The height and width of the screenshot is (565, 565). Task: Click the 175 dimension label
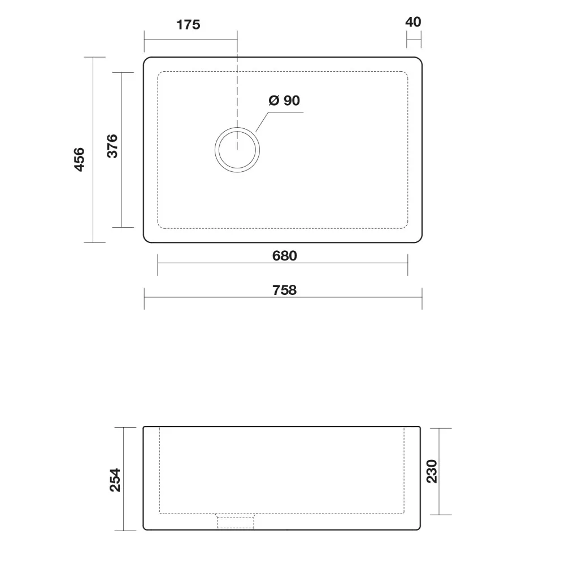pos(188,25)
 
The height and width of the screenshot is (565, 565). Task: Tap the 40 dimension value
pos(413,22)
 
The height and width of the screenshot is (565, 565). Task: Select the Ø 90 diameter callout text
pos(284,101)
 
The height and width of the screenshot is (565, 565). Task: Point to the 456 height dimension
pos(79,159)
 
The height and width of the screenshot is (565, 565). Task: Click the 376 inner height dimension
pos(112,146)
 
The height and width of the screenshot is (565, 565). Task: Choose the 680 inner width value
pos(285,256)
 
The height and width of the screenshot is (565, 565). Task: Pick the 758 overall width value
pos(285,290)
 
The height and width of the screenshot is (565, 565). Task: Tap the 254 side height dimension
pos(115,480)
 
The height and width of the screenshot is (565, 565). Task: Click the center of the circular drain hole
pos(237,150)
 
